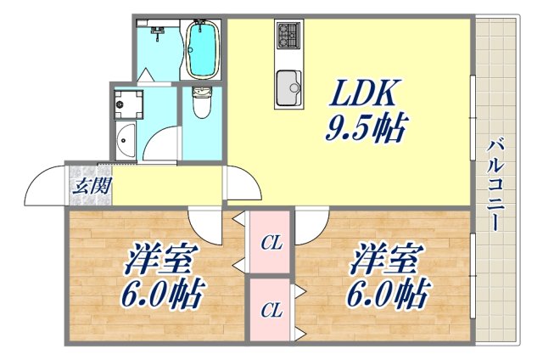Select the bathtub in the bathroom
[x=203, y=48]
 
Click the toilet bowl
[x=202, y=104]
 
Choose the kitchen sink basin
[x=289, y=87]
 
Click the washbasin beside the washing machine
[x=125, y=139]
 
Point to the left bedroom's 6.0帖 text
[x=166, y=295]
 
